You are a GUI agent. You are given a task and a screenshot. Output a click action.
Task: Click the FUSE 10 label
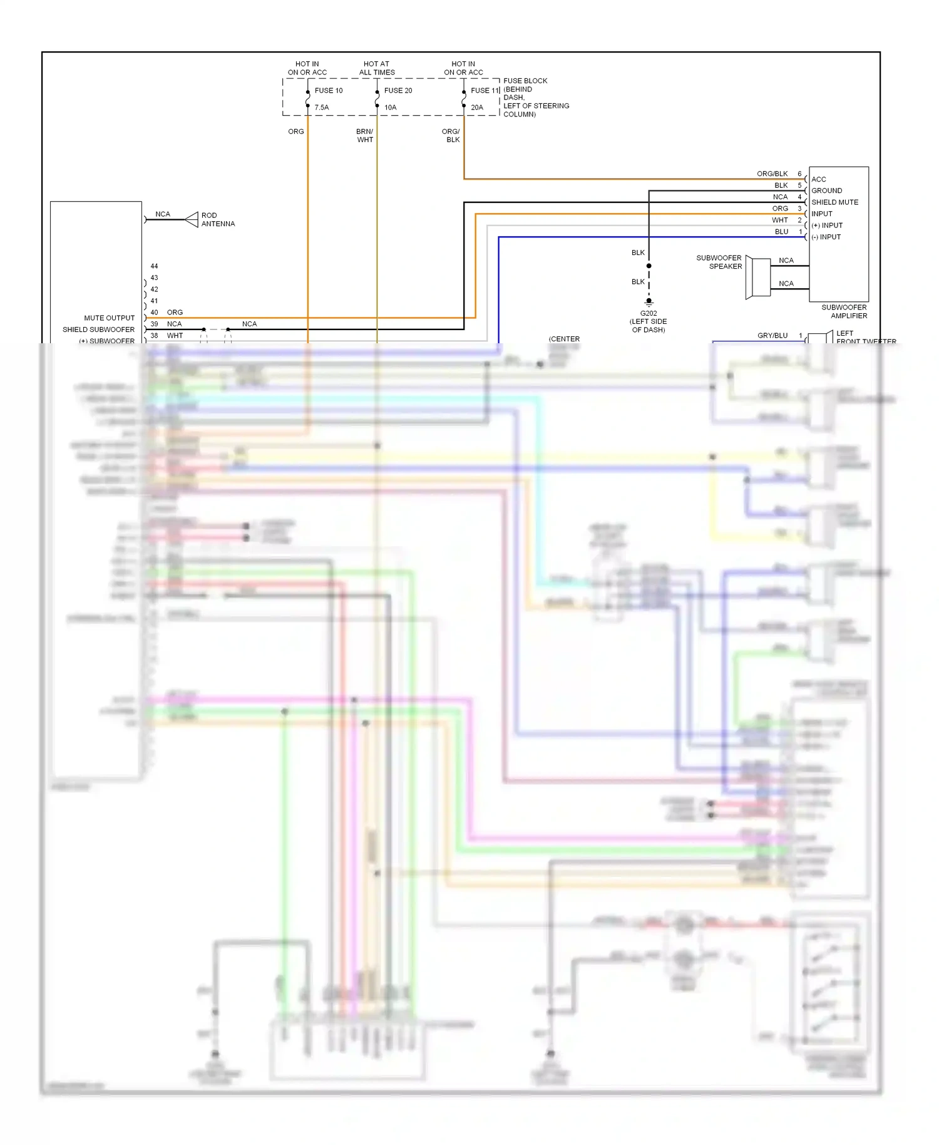click(328, 91)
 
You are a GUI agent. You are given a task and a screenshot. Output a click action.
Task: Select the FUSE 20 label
click(398, 91)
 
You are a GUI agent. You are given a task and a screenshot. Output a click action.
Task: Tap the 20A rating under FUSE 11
click(476, 108)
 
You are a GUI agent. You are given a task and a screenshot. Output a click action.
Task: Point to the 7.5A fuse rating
click(322, 108)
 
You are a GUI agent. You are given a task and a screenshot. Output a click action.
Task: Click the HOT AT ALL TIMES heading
click(377, 68)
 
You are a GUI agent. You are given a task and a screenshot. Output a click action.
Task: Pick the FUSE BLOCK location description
click(535, 98)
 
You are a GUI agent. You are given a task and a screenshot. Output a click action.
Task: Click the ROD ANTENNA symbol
click(192, 220)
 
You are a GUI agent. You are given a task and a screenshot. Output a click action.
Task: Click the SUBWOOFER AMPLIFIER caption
click(844, 311)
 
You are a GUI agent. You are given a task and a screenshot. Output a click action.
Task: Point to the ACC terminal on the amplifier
click(818, 179)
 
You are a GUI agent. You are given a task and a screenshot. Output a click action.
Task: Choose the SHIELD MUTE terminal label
click(834, 202)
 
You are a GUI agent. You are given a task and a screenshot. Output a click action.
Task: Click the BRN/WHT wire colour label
click(365, 136)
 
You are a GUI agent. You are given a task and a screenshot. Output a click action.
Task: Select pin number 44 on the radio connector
click(154, 266)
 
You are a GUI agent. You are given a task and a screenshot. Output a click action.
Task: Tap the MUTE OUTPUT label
click(110, 318)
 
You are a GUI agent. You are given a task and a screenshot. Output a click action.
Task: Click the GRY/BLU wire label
click(772, 336)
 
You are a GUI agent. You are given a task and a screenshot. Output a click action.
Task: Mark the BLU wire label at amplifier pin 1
click(781, 232)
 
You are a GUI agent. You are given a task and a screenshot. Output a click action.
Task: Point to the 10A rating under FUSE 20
click(390, 108)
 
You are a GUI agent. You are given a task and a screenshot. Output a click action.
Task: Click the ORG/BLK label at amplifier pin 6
click(772, 174)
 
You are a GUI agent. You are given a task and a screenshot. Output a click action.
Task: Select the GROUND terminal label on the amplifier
click(826, 190)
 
